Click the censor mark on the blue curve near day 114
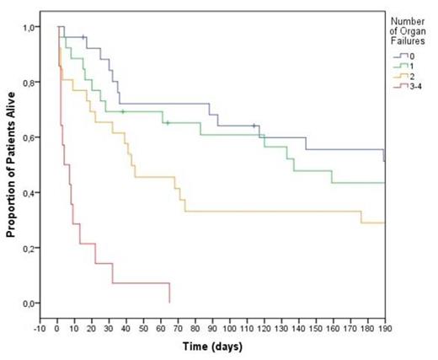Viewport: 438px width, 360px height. (x=254, y=126)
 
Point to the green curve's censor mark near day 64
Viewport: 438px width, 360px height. (x=168, y=123)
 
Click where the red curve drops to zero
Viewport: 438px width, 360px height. (x=169, y=302)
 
